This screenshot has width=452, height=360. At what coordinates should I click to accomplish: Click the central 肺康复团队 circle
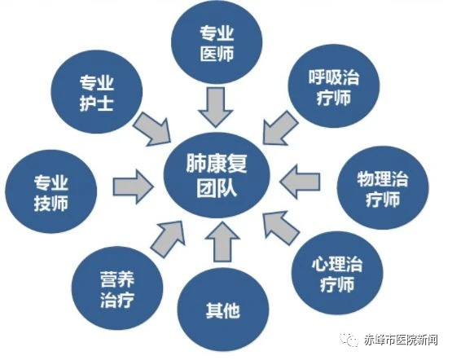[x=217, y=175]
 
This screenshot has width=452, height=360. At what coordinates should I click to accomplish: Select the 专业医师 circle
[x=217, y=42]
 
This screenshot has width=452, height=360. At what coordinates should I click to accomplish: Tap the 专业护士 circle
[x=97, y=92]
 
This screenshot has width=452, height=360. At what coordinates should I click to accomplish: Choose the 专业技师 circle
[x=51, y=191]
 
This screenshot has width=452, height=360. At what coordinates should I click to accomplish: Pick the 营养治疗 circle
[x=117, y=288]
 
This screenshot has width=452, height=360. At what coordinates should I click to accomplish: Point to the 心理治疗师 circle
[x=337, y=273]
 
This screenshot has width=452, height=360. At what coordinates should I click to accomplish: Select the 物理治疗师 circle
[x=383, y=188]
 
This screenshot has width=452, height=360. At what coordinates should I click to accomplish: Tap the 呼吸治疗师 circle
[x=334, y=86]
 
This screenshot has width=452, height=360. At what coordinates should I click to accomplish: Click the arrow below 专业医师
[x=216, y=107]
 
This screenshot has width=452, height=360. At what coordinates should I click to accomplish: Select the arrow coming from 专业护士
[x=152, y=130]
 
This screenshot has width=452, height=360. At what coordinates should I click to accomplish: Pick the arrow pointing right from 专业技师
[x=133, y=187]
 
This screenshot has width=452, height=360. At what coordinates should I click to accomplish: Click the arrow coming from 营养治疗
[x=168, y=239]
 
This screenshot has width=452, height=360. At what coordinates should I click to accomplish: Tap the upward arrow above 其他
[x=222, y=242]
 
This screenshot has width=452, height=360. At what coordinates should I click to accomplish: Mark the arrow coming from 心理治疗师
[x=281, y=228]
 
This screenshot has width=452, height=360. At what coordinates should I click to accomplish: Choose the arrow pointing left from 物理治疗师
[x=300, y=182]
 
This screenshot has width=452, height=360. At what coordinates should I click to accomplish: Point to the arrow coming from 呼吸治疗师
[x=280, y=128]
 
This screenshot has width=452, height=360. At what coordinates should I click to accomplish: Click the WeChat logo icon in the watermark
[x=349, y=340]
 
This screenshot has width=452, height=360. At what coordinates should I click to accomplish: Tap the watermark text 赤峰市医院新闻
[x=401, y=340]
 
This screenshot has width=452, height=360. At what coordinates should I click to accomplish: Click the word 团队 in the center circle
[x=217, y=188]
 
